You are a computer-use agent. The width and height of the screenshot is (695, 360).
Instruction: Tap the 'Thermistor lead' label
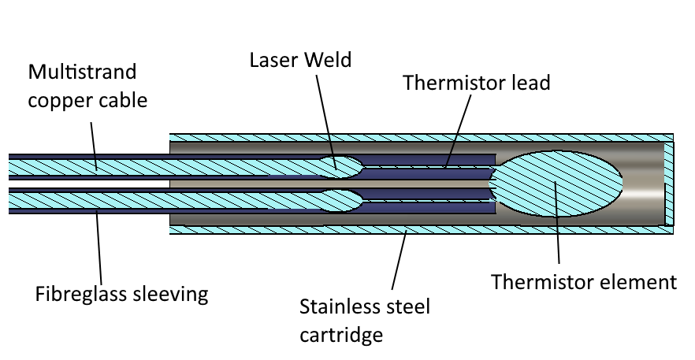476,83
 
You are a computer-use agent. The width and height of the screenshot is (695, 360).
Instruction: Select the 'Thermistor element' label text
584,282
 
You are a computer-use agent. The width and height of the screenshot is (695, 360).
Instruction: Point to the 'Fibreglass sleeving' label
121,295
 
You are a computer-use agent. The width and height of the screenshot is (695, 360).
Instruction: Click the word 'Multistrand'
82,72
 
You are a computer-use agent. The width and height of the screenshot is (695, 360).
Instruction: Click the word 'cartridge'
340,334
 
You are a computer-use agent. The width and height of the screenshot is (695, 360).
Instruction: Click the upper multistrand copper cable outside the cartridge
87,165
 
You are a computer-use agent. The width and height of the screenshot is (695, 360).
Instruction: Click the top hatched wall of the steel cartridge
418,138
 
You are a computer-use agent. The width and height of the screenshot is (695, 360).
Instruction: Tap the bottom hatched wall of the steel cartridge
418,230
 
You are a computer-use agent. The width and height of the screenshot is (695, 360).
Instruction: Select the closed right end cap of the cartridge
670,184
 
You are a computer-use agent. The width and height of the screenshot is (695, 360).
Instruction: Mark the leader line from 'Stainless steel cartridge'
399,260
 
